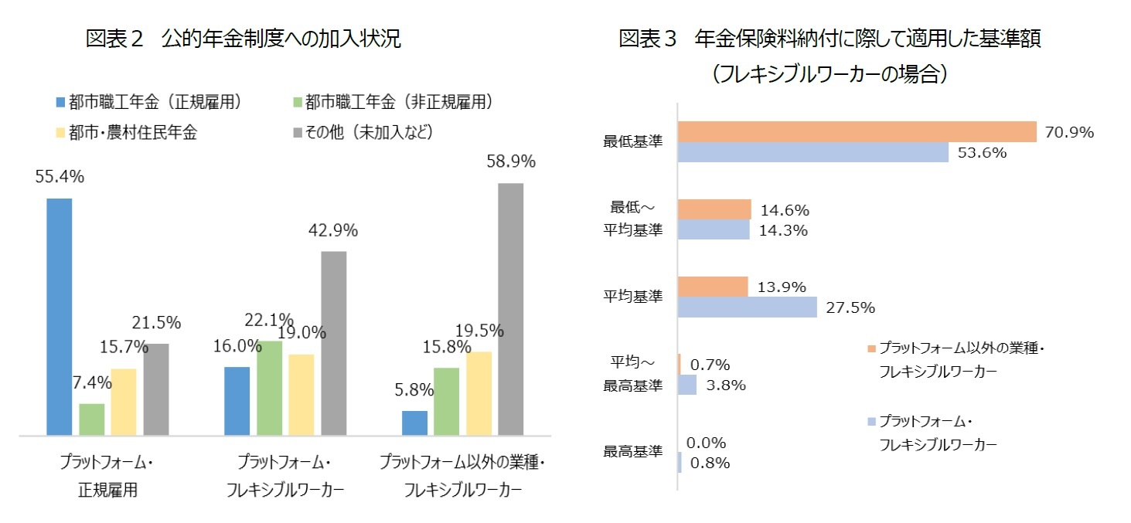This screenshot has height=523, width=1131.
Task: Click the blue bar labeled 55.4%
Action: coord(60,317)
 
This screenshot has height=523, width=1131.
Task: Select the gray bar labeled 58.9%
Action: coord(510,309)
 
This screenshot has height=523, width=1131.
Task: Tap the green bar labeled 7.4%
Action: coord(92,419)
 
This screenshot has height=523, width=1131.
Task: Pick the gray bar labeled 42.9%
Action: coord(333,343)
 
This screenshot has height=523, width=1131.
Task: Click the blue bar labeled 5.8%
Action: coord(414,423)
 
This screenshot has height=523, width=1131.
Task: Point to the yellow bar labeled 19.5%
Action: coord(479,393)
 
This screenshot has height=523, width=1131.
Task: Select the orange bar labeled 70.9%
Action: coord(857,132)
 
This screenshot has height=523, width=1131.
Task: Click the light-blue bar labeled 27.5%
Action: coord(748,307)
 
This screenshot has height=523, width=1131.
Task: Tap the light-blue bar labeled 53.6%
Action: coord(813,152)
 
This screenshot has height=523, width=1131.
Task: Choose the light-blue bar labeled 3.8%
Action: coord(687,385)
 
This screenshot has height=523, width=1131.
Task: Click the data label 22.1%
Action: coord(269,320)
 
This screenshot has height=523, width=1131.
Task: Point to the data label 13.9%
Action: coord(782,287)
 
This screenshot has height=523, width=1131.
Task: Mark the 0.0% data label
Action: coord(706,443)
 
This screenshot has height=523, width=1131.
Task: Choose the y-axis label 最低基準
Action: coord(632,142)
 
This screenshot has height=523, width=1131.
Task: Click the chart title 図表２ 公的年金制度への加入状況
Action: coord(243,39)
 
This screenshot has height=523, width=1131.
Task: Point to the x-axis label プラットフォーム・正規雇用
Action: coord(107,476)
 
